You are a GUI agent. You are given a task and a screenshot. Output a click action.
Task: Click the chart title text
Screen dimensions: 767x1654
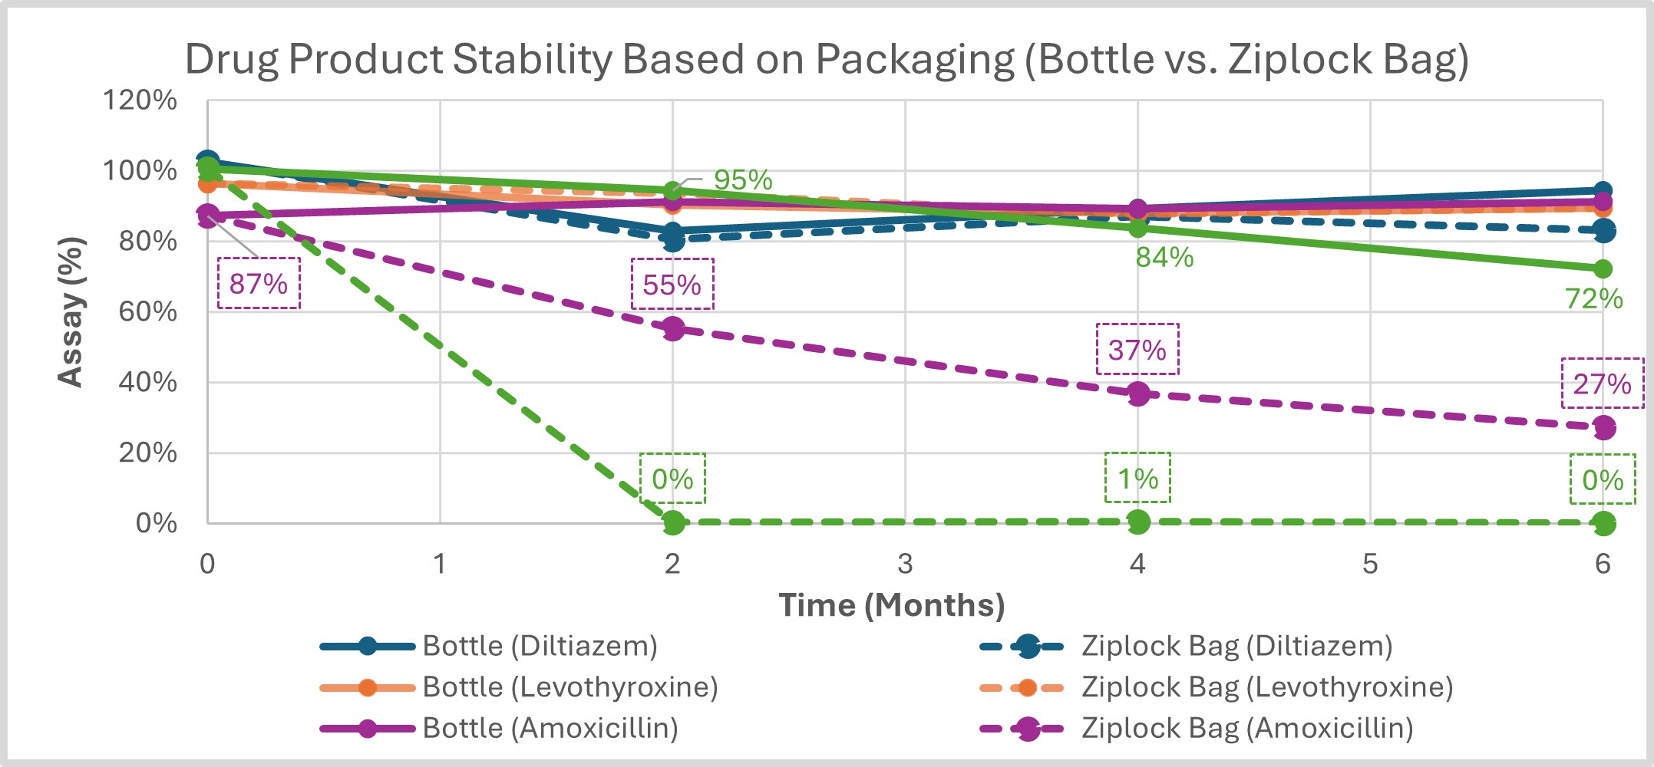827,59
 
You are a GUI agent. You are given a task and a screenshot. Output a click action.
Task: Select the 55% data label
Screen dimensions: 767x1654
672,285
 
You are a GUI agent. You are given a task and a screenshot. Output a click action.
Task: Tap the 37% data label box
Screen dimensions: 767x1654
1137,350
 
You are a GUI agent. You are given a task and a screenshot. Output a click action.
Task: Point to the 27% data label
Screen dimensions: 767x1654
1602,383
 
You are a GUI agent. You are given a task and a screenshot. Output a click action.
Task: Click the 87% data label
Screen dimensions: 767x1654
259,284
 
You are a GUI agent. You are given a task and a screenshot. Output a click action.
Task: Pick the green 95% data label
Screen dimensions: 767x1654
742,179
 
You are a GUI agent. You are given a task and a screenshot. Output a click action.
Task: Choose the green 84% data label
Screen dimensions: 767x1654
1164,257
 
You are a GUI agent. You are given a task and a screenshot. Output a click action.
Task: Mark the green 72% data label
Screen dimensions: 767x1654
1593,298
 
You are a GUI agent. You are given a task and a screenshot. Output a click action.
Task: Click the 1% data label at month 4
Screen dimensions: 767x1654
1137,479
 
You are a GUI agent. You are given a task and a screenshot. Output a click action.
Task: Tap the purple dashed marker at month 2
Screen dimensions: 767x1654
673,329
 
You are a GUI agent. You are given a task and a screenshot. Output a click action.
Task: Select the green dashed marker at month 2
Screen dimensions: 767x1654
673,523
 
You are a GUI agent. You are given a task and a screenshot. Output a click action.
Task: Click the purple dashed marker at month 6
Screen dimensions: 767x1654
1603,427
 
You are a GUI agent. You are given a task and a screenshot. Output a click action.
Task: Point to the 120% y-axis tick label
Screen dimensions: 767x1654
140,100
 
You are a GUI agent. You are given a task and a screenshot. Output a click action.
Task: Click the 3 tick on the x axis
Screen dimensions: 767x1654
905,564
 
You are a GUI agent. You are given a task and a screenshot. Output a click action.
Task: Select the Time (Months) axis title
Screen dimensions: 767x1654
891,605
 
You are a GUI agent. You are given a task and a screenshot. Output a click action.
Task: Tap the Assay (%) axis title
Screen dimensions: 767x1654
71,311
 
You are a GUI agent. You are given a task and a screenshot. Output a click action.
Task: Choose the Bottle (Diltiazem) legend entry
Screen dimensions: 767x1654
540,646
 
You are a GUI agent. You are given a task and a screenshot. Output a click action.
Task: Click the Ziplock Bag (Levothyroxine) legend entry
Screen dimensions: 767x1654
1267,686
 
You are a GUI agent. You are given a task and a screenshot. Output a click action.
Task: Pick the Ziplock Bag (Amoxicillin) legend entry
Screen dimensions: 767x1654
1247,728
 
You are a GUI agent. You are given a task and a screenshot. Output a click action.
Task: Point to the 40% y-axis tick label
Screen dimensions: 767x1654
147,382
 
